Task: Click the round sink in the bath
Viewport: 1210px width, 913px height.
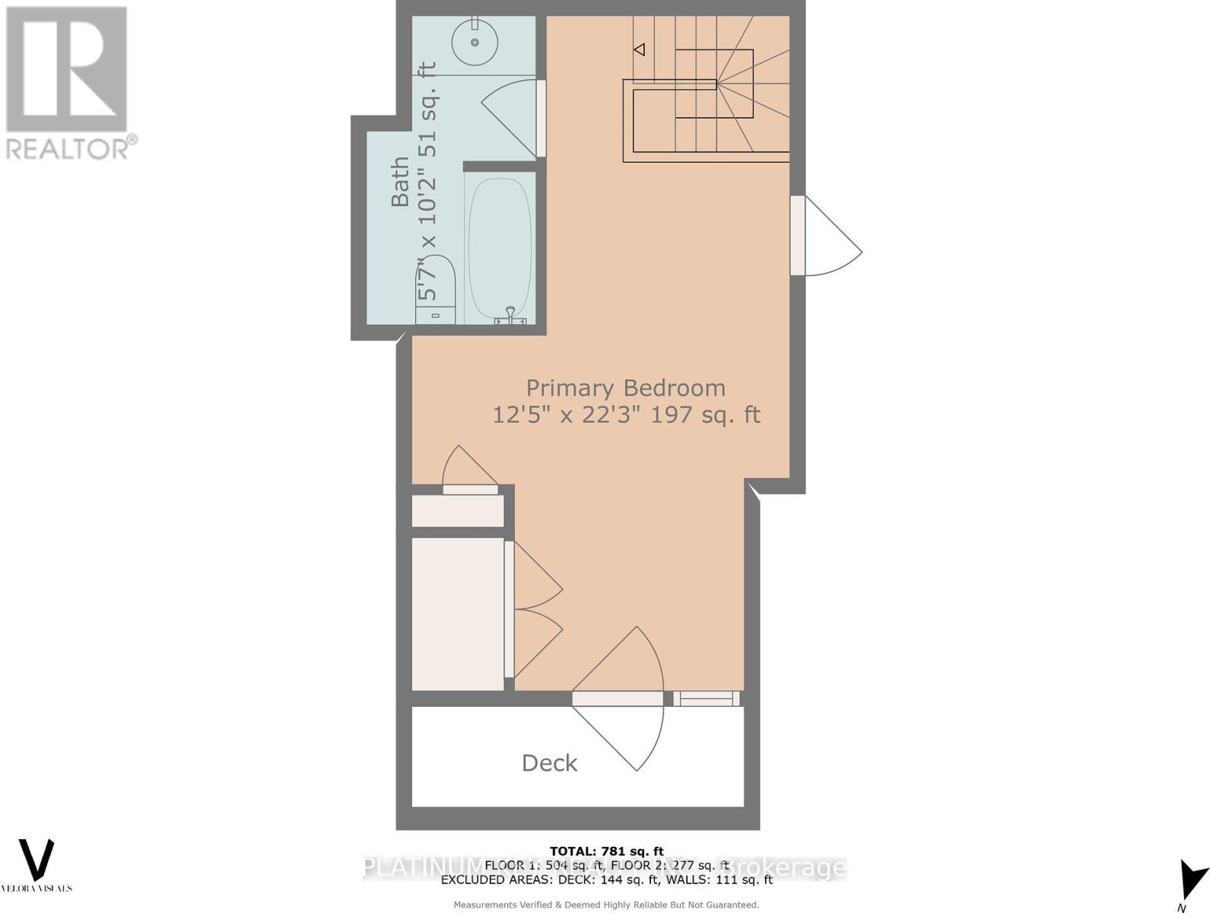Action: click(475, 43)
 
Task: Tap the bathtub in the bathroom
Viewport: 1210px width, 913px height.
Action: click(500, 247)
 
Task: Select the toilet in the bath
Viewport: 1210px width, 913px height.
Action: click(436, 293)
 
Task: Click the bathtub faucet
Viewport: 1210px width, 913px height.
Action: click(510, 314)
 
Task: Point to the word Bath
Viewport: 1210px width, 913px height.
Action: click(400, 182)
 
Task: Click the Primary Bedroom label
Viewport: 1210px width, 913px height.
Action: click(625, 388)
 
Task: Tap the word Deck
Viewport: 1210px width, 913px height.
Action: click(549, 763)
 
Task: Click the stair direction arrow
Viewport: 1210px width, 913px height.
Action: click(639, 49)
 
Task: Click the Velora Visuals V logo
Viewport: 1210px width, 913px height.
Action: click(37, 860)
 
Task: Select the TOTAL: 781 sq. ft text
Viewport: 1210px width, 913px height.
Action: click(606, 851)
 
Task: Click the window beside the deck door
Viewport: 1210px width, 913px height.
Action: click(706, 698)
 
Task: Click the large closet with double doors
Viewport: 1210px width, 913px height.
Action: click(458, 613)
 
